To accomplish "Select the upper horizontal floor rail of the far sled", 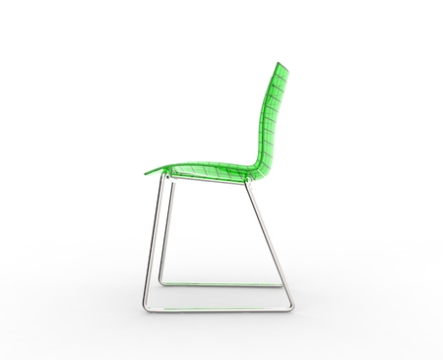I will (221, 285).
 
